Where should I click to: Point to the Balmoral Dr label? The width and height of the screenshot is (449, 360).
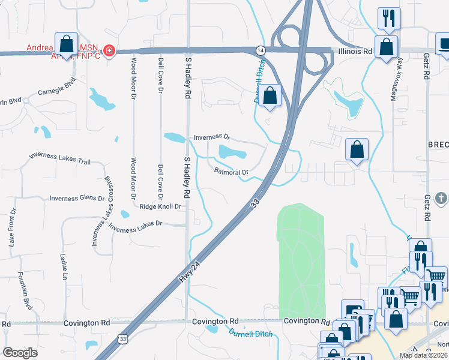point(231,172)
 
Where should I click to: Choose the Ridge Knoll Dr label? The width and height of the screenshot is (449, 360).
point(160,206)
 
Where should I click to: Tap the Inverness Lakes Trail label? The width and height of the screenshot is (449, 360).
point(59,158)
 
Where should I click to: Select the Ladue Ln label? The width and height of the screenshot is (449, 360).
point(64,266)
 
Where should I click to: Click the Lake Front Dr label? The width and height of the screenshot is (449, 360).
point(11,229)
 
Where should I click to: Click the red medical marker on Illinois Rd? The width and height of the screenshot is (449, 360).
point(109,50)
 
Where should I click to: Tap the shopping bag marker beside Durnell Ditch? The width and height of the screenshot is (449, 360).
point(271,95)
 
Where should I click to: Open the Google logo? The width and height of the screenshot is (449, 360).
point(20,353)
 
